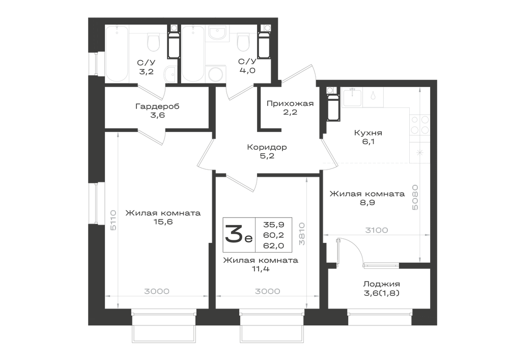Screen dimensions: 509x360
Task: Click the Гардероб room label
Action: pos(157,106)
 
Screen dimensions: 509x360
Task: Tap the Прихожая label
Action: pos(290,103)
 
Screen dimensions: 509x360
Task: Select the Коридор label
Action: pos(267,147)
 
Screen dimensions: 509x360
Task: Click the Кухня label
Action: pos(368,133)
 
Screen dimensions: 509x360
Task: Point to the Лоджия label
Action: pos(381,284)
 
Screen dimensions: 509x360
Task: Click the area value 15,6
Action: pos(163,222)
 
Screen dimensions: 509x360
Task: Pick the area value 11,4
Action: pos(260,269)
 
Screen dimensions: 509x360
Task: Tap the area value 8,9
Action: pos(367,203)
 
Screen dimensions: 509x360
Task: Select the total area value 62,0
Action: pos(274,246)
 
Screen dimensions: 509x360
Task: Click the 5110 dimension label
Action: pos(113,220)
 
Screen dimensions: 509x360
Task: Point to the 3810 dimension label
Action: pos(302,234)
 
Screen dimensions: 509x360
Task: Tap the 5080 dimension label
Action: pos(415,198)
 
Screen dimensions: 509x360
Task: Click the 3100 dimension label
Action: pos(377,230)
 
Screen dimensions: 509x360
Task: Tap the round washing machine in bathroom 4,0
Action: pos(216,74)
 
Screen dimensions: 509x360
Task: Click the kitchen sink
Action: pos(352,97)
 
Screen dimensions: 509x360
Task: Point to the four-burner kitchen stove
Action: pos(420,125)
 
